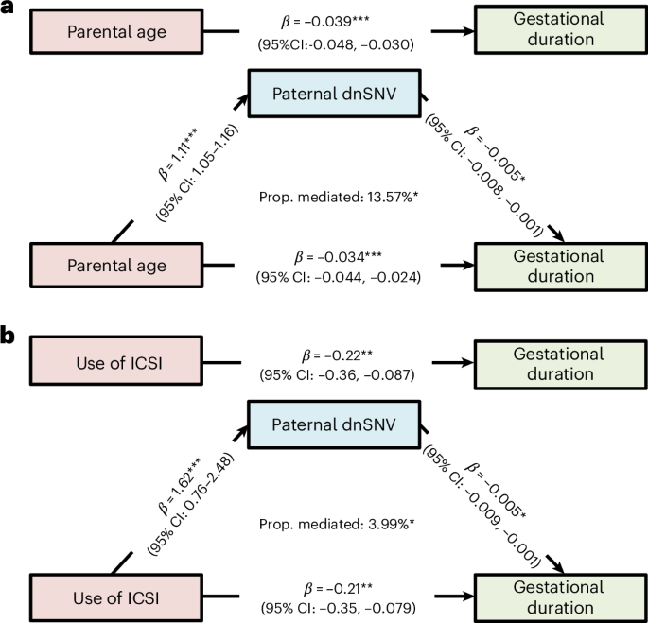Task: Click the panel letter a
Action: (7, 7)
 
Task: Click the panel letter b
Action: (8, 336)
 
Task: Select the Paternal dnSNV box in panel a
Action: (334, 94)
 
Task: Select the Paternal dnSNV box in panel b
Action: (334, 424)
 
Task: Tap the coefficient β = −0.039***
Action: (325, 21)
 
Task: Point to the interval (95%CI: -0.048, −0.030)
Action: (336, 44)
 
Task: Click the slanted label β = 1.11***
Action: (179, 154)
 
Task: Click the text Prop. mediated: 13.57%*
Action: (339, 197)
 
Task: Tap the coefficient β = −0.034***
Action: (338, 257)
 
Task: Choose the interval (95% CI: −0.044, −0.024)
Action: (339, 276)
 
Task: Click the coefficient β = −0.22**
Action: (337, 355)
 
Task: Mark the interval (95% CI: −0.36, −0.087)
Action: (337, 374)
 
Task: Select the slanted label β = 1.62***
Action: (180, 485)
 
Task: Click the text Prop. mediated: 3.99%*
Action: (337, 525)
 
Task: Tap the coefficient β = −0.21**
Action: (338, 588)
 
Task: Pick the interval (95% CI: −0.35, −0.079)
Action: (338, 608)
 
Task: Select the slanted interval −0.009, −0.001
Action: (503, 530)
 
